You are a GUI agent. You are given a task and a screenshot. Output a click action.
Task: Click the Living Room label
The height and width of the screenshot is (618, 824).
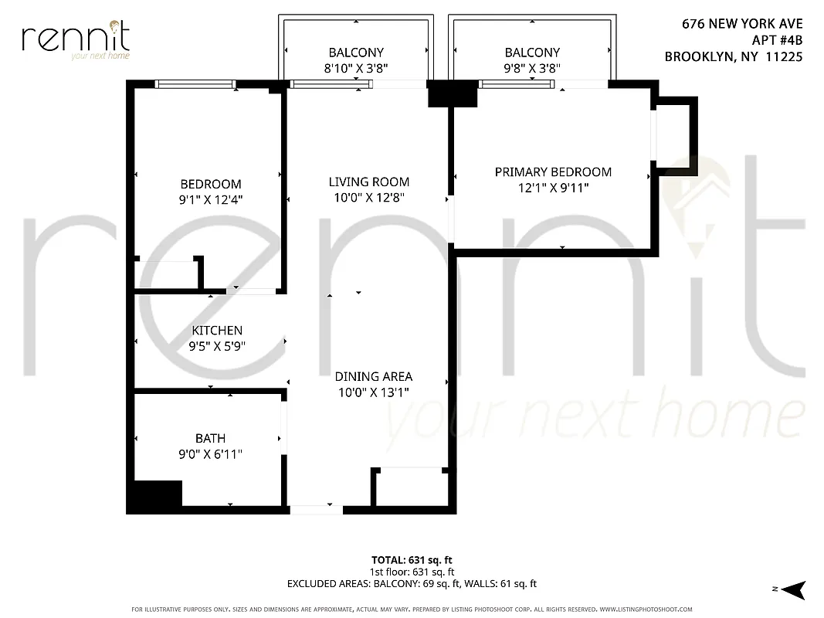(368, 182)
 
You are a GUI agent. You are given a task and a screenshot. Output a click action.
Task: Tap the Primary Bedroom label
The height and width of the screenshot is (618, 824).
(553, 172)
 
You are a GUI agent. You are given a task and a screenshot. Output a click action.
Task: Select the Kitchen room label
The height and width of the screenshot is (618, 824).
(217, 331)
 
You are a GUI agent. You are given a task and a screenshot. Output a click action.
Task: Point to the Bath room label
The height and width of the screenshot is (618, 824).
(210, 439)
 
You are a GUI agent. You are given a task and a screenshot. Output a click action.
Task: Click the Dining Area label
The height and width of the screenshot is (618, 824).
(373, 377)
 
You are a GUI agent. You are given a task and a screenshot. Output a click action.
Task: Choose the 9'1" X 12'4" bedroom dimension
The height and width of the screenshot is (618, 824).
(211, 200)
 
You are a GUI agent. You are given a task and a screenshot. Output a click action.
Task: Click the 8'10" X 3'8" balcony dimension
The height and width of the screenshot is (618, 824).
(356, 68)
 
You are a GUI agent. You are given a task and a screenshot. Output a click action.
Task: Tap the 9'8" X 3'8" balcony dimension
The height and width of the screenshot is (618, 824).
(532, 68)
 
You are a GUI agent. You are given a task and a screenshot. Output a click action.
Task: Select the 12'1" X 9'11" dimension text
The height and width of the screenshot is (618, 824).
(553, 187)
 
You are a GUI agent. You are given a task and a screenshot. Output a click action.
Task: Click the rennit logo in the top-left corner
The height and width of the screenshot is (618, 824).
(76, 39)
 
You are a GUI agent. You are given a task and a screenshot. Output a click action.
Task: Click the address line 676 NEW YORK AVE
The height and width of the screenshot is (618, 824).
(742, 25)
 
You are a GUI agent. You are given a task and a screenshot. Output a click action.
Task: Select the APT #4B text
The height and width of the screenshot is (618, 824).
(777, 40)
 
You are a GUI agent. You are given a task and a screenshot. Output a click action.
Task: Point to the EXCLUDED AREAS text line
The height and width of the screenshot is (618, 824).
(412, 584)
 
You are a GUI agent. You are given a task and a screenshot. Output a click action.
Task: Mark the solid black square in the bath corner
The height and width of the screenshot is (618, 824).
(158, 494)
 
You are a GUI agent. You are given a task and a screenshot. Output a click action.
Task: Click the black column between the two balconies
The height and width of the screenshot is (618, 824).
(453, 95)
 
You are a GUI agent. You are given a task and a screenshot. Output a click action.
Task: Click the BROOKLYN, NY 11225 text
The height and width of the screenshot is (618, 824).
(734, 56)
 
